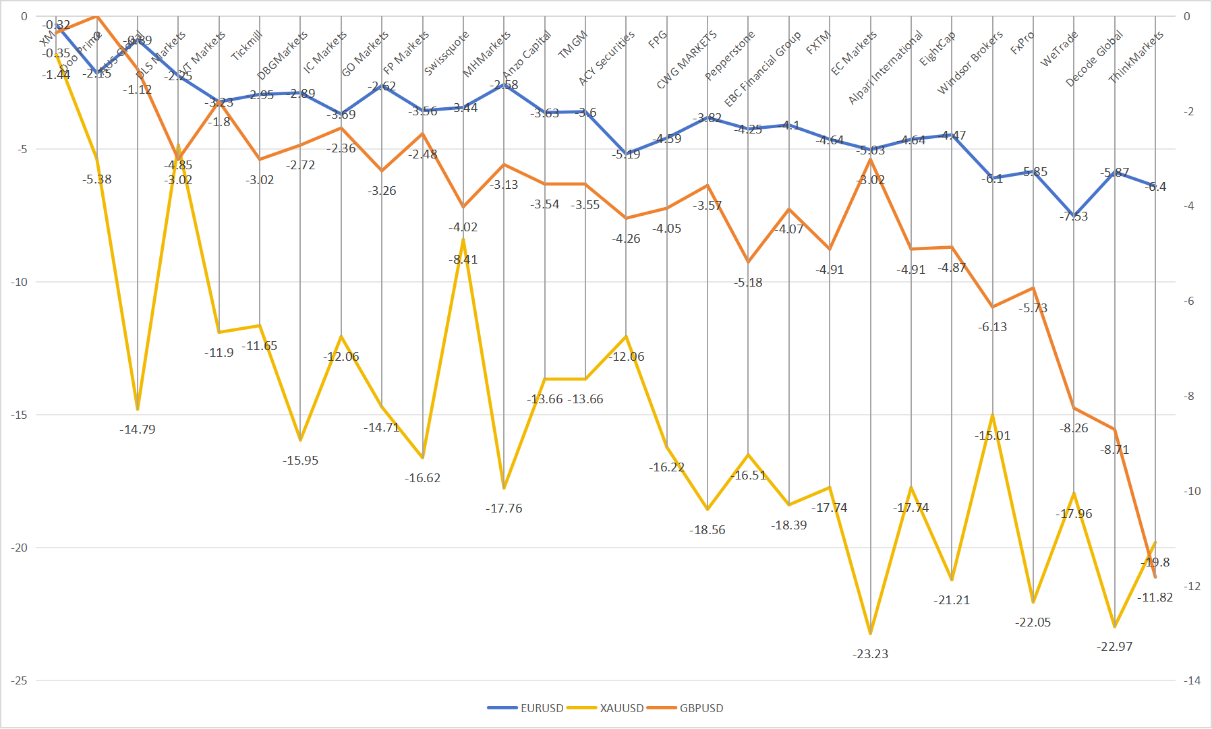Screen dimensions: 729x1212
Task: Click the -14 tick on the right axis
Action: [x=1192, y=680]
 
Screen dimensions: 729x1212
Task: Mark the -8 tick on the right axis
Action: [x=1192, y=396]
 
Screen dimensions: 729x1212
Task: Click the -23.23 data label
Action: [x=870, y=653]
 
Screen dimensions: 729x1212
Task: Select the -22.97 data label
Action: [x=1114, y=646]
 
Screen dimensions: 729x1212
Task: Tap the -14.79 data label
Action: [x=138, y=429]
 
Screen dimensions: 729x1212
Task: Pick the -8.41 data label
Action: [x=463, y=259]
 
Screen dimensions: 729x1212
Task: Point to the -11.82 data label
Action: [x=1155, y=597]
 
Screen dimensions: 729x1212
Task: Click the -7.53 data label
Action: [x=1073, y=216]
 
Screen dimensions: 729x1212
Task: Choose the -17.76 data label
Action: [x=504, y=508]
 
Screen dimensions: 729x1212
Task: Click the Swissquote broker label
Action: [x=446, y=53]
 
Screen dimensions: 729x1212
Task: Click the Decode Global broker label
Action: [x=1094, y=59]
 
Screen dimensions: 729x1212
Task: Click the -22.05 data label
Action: [x=1033, y=622]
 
